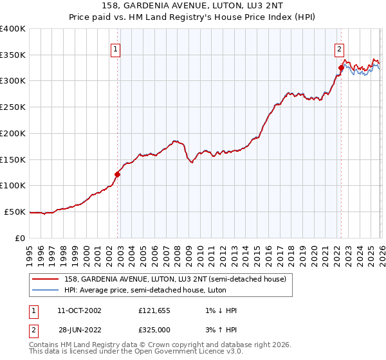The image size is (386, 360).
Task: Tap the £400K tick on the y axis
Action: pyautogui.click(x=13, y=29)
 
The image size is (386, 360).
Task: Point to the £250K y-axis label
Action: pyautogui.click(x=13, y=107)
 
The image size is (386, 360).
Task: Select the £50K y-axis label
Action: pyautogui.click(x=15, y=212)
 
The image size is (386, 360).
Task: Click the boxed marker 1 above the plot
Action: pyautogui.click(x=116, y=48)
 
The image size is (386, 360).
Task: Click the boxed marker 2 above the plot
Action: pyautogui.click(x=339, y=48)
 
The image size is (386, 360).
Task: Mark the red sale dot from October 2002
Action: pyautogui.click(x=118, y=174)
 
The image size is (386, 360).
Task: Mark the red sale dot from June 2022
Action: pyautogui.click(x=341, y=67)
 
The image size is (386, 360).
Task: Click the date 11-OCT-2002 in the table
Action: pyautogui.click(x=79, y=310)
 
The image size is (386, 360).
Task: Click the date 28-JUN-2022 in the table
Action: pyautogui.click(x=79, y=330)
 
